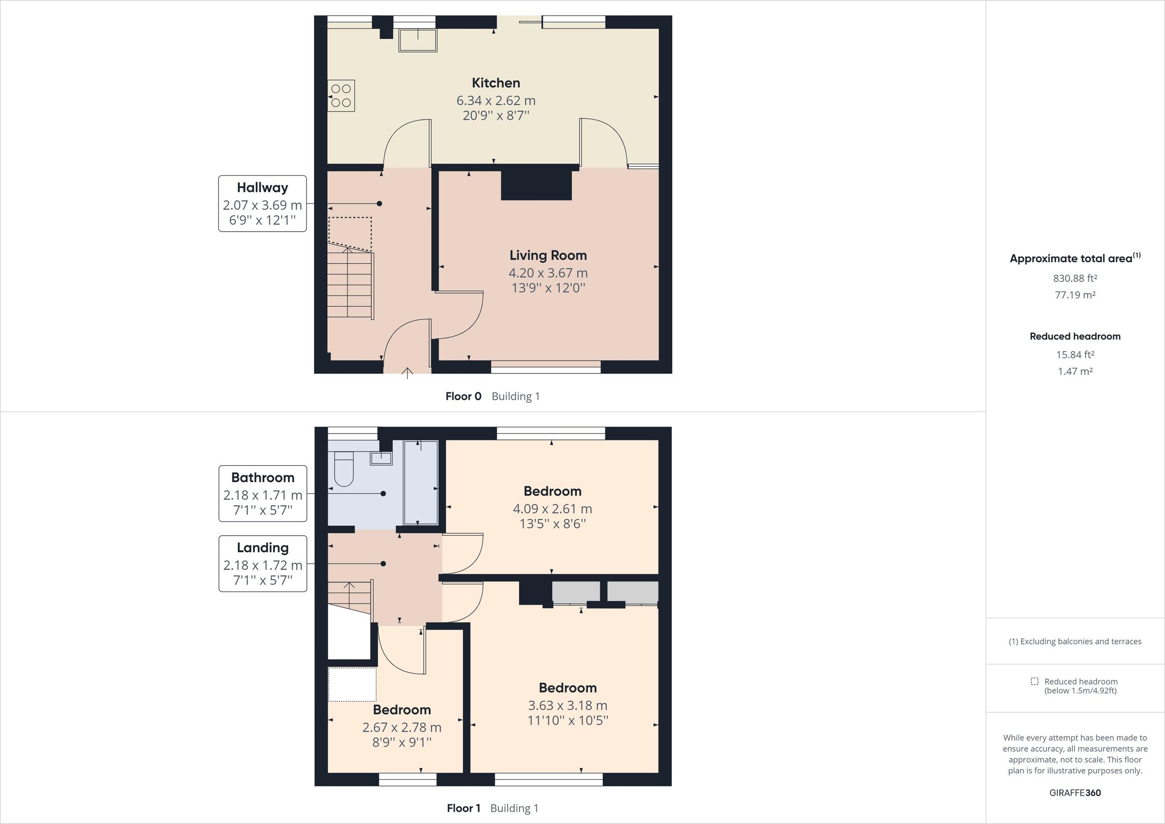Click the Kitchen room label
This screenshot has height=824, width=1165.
[x=496, y=83]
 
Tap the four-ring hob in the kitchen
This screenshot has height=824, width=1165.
[x=341, y=96]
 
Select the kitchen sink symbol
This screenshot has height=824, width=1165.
[x=417, y=40]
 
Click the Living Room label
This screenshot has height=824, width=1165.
[x=548, y=255]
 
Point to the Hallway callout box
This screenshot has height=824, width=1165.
[x=262, y=203]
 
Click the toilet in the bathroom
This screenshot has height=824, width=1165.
[x=344, y=469]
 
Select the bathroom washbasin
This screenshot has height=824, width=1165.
[x=381, y=458]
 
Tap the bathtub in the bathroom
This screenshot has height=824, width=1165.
[x=421, y=482]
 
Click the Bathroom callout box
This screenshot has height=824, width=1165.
[x=263, y=493]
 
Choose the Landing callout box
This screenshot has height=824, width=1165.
[x=263, y=564]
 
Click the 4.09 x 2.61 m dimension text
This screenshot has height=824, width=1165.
[x=552, y=509]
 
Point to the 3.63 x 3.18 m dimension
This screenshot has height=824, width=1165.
[x=567, y=705]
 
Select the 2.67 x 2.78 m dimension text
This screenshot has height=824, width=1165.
[x=401, y=727]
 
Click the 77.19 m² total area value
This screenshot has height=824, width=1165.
[x=1075, y=295]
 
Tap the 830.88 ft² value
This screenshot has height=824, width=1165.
[x=1075, y=278]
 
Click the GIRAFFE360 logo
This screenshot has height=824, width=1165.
[x=1075, y=792]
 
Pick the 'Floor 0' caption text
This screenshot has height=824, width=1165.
[x=463, y=397]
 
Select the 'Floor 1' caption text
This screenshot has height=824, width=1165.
[x=463, y=808]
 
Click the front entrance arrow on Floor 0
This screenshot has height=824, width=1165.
[x=407, y=374]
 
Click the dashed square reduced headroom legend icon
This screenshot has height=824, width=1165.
[x=1034, y=681]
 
